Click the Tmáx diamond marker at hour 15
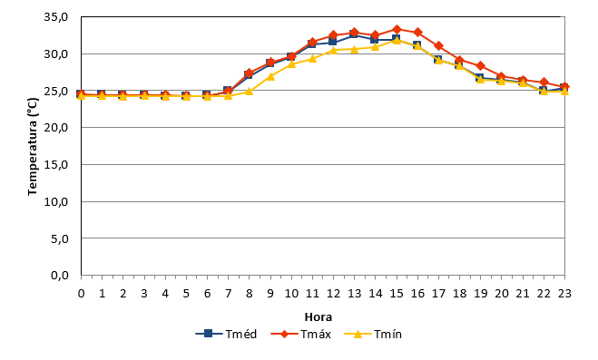pos(397,29)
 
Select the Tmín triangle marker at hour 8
pos(249,92)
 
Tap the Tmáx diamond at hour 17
pos(438,46)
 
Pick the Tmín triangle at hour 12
pos(333,50)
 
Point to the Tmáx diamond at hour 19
pos(481,66)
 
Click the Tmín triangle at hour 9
pos(270,76)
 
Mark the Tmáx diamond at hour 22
pos(544,83)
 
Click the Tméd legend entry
pos(226,334)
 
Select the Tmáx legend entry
pos(301,334)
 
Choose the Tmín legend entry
pos(373,334)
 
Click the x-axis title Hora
pos(319,317)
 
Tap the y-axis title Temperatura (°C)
pos(33,147)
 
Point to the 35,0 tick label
pos(56,17)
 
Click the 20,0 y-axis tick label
pos(56,128)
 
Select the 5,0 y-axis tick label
pos(59,238)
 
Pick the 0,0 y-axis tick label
pos(59,275)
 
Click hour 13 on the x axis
pos(354,293)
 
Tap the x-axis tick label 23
pos(564,293)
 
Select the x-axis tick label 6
pos(207,293)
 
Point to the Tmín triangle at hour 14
pos(376,47)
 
